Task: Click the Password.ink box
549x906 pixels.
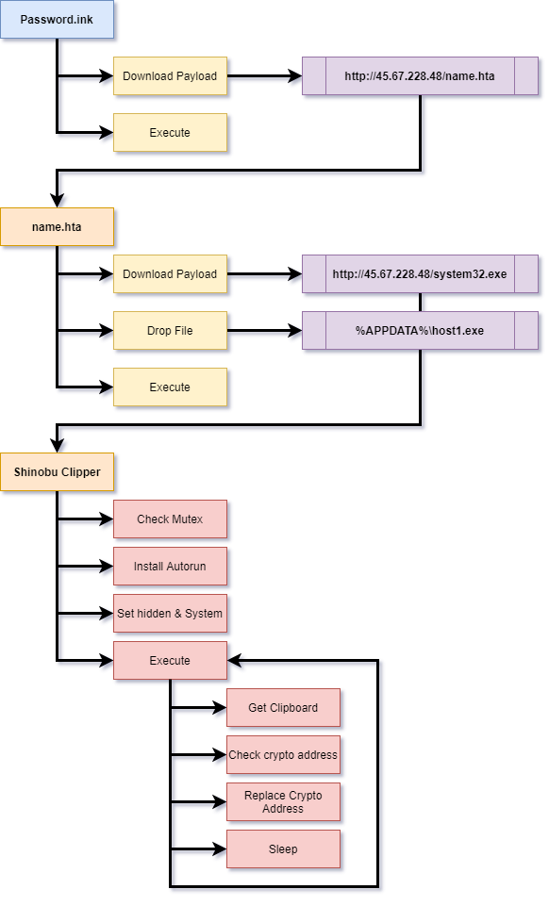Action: point(58,20)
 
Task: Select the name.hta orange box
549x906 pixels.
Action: point(58,227)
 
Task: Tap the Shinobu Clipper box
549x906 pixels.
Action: point(58,471)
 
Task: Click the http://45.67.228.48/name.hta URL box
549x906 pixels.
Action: point(420,76)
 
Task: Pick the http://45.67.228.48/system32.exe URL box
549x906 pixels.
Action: point(420,274)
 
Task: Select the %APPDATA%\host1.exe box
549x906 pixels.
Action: point(420,331)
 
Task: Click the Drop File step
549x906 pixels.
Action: point(170,331)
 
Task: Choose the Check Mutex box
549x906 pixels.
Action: point(170,519)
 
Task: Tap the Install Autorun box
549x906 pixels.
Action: point(170,567)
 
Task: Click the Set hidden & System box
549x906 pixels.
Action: point(170,614)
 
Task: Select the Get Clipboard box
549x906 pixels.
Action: point(283,708)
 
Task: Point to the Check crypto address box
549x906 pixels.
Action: point(283,755)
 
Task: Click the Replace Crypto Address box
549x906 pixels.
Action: point(283,802)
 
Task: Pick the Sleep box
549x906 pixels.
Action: point(283,849)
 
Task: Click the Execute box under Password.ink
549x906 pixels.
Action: point(170,133)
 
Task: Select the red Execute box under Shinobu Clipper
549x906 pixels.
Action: point(170,661)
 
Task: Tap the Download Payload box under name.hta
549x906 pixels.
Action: point(170,274)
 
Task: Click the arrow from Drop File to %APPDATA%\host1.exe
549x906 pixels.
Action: point(264,331)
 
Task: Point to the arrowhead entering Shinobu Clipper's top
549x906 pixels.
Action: point(58,446)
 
